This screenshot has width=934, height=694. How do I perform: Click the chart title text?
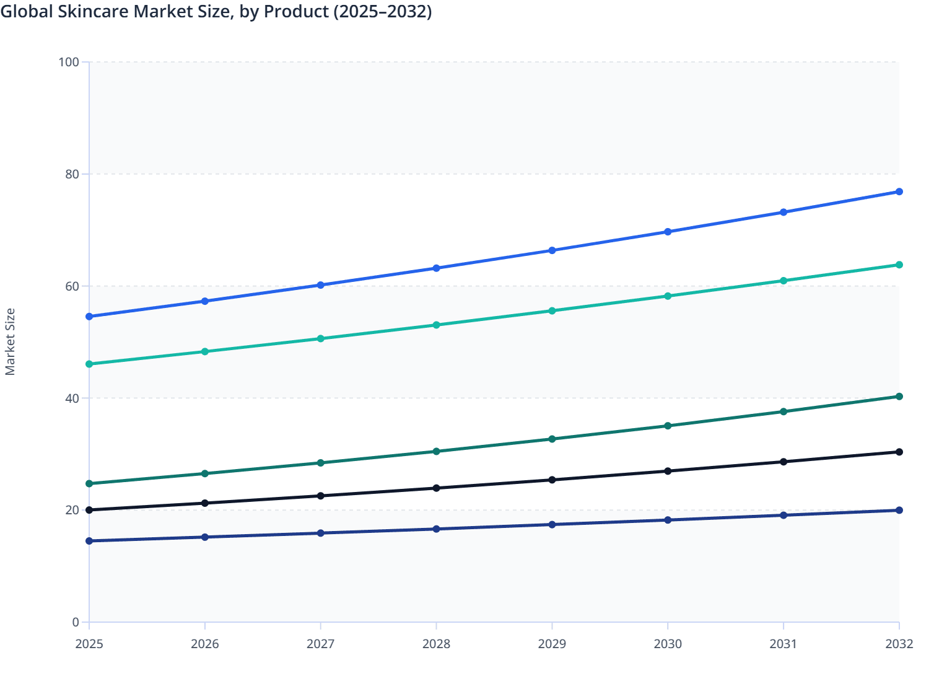point(216,11)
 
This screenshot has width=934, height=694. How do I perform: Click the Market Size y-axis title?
point(10,341)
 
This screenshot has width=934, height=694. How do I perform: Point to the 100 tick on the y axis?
point(69,62)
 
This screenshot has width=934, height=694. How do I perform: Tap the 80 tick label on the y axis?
point(72,174)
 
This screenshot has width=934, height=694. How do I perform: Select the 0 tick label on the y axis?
point(76,622)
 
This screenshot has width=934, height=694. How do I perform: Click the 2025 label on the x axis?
point(89,644)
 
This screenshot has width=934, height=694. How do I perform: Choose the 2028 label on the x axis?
point(436,644)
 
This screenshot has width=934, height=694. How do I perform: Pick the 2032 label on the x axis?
point(899,644)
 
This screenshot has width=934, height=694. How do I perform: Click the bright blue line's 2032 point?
point(899,191)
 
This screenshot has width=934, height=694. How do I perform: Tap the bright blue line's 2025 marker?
point(89,317)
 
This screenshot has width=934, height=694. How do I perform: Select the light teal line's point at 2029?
point(552,310)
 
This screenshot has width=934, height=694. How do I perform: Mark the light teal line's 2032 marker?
point(899,265)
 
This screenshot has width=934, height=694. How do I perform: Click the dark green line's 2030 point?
point(668,426)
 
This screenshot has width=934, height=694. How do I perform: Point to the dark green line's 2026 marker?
point(205,473)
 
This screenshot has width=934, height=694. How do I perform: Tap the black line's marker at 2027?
point(321,496)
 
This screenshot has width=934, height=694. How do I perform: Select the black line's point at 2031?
point(783,462)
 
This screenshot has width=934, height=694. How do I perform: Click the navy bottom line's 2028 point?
point(436,529)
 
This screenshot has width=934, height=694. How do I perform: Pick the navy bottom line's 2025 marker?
point(89,541)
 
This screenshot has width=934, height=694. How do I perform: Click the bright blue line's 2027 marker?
point(321,285)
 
